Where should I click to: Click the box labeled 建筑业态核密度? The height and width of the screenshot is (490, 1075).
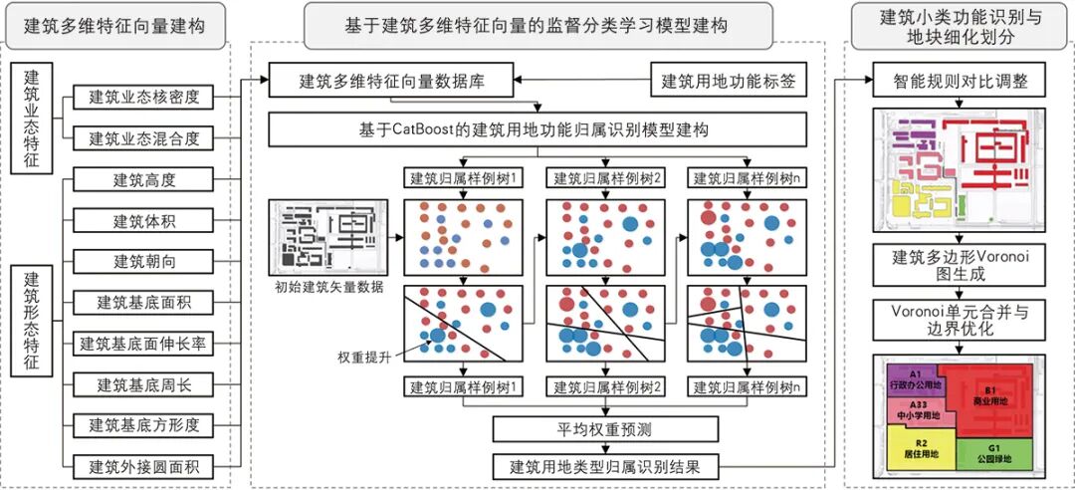144,98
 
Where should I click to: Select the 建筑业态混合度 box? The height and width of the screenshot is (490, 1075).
144,137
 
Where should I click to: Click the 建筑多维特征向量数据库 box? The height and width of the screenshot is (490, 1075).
391,81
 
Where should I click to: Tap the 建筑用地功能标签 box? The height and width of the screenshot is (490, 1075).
728,81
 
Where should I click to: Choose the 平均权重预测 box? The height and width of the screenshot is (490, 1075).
606,429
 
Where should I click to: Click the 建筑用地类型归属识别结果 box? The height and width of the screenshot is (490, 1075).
605,465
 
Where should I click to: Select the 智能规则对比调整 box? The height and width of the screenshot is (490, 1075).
959,81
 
